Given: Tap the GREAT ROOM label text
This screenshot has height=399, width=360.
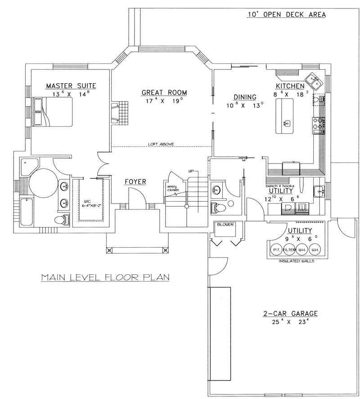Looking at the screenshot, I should click(x=164, y=93).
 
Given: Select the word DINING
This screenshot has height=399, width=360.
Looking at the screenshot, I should click(x=245, y=97).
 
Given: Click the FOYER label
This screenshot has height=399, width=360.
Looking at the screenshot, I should click(x=135, y=181).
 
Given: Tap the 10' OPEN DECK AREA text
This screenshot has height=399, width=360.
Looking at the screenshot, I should click(x=286, y=14).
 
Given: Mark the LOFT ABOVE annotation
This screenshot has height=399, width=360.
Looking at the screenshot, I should click(x=161, y=144).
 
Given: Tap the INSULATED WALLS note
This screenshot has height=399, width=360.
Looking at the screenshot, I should click(x=296, y=261).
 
